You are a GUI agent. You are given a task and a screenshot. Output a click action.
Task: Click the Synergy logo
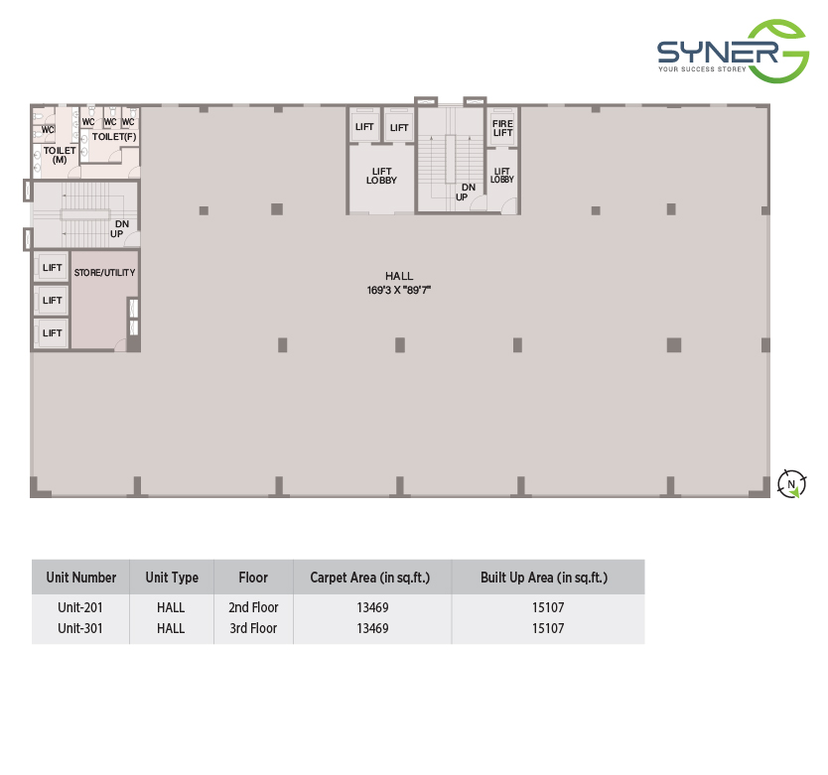pos(733,52)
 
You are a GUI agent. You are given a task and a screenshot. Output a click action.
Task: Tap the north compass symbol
pos(791,483)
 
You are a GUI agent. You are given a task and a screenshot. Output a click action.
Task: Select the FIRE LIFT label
pos(502,128)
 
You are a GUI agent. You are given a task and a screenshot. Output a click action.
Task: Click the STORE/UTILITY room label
pos(104,273)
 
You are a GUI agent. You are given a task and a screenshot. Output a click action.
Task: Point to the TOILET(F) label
pos(114,137)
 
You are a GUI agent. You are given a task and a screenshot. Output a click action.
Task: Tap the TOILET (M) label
pos(60,155)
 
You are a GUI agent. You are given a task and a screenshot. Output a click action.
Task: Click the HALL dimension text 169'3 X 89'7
pos(399,290)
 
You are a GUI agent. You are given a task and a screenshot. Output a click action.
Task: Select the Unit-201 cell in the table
pos(80,607)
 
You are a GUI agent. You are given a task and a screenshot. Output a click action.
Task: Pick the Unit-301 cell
pos(80,628)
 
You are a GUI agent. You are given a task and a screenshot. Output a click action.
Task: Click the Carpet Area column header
pos(370,578)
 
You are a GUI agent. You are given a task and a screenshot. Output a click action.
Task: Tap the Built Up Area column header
pos(544,578)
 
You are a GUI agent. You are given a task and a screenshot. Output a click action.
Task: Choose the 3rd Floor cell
pos(253,628)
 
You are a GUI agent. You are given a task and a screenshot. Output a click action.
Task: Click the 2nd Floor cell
pos(253,607)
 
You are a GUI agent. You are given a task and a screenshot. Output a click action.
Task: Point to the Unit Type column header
pos(172,578)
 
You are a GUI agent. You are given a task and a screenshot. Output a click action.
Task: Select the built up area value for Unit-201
pos(548,607)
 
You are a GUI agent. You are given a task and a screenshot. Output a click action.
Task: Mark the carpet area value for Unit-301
pos(372,628)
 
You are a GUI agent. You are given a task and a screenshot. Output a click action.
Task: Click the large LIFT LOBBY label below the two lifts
pos(381,176)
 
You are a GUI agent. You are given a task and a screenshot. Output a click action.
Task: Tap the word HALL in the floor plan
pos(399,276)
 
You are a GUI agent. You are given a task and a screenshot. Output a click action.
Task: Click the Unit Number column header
pos(81,578)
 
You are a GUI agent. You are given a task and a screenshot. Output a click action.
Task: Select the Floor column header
pos(253,578)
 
